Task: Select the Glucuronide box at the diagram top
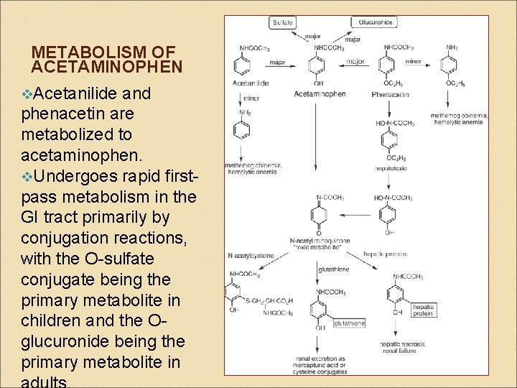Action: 374,22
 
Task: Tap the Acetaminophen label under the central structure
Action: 320,94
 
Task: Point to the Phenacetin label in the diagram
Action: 390,94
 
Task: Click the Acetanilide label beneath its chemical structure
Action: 251,83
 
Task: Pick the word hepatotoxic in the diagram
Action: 390,167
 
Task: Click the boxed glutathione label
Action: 350,323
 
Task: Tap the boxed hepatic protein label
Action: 423,310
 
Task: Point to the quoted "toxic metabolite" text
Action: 320,247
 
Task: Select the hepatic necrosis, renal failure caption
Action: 403,348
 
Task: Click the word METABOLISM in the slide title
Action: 76,53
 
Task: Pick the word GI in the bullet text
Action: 31,216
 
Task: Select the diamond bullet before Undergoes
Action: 27,176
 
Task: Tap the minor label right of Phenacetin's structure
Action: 414,62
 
